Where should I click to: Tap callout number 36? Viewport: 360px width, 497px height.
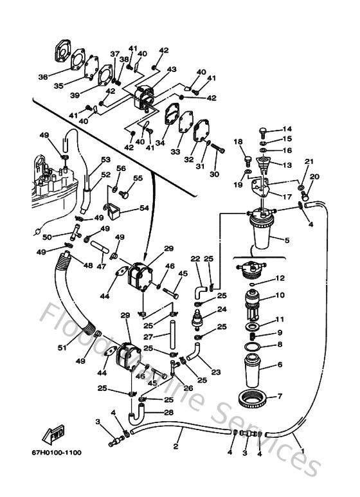click(x=43, y=77)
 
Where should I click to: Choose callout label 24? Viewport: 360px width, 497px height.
click(x=222, y=309)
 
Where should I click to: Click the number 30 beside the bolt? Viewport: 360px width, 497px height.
click(x=214, y=174)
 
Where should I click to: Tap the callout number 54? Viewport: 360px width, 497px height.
click(x=144, y=208)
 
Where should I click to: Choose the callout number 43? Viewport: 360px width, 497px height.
click(x=172, y=69)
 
